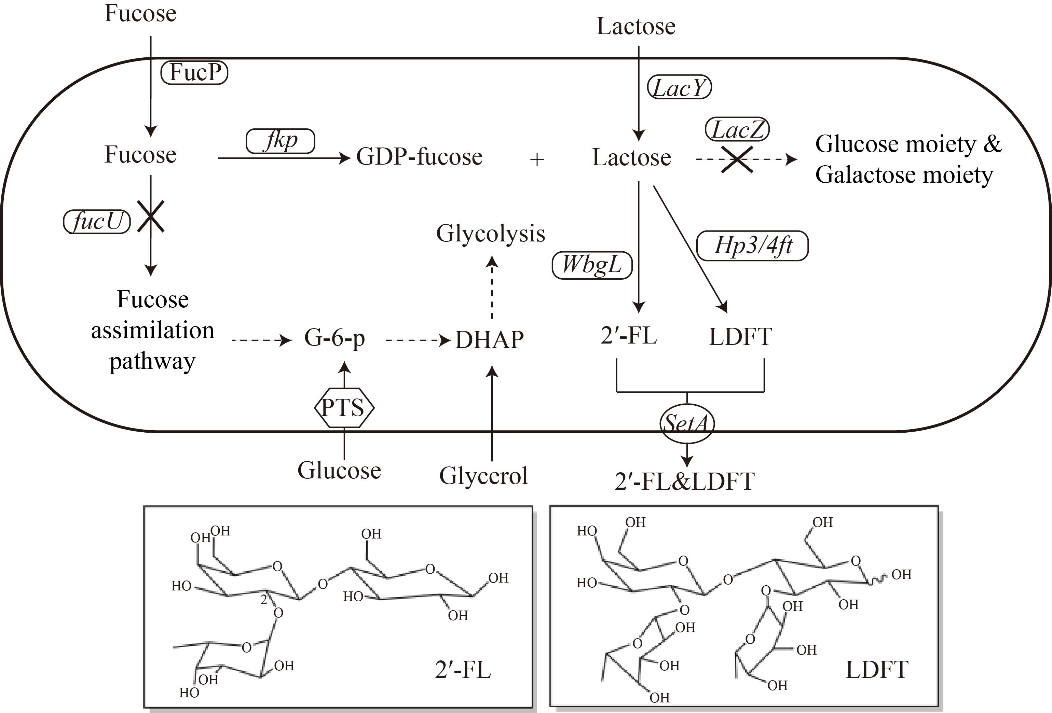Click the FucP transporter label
194,72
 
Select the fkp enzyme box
280,141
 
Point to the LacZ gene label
737,130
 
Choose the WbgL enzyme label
592,265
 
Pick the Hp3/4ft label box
752,246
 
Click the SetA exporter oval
687,423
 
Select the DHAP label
489,340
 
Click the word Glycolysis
491,234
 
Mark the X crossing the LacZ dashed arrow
737,159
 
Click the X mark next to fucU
151,216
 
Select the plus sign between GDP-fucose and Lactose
537,159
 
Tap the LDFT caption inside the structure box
877,670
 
